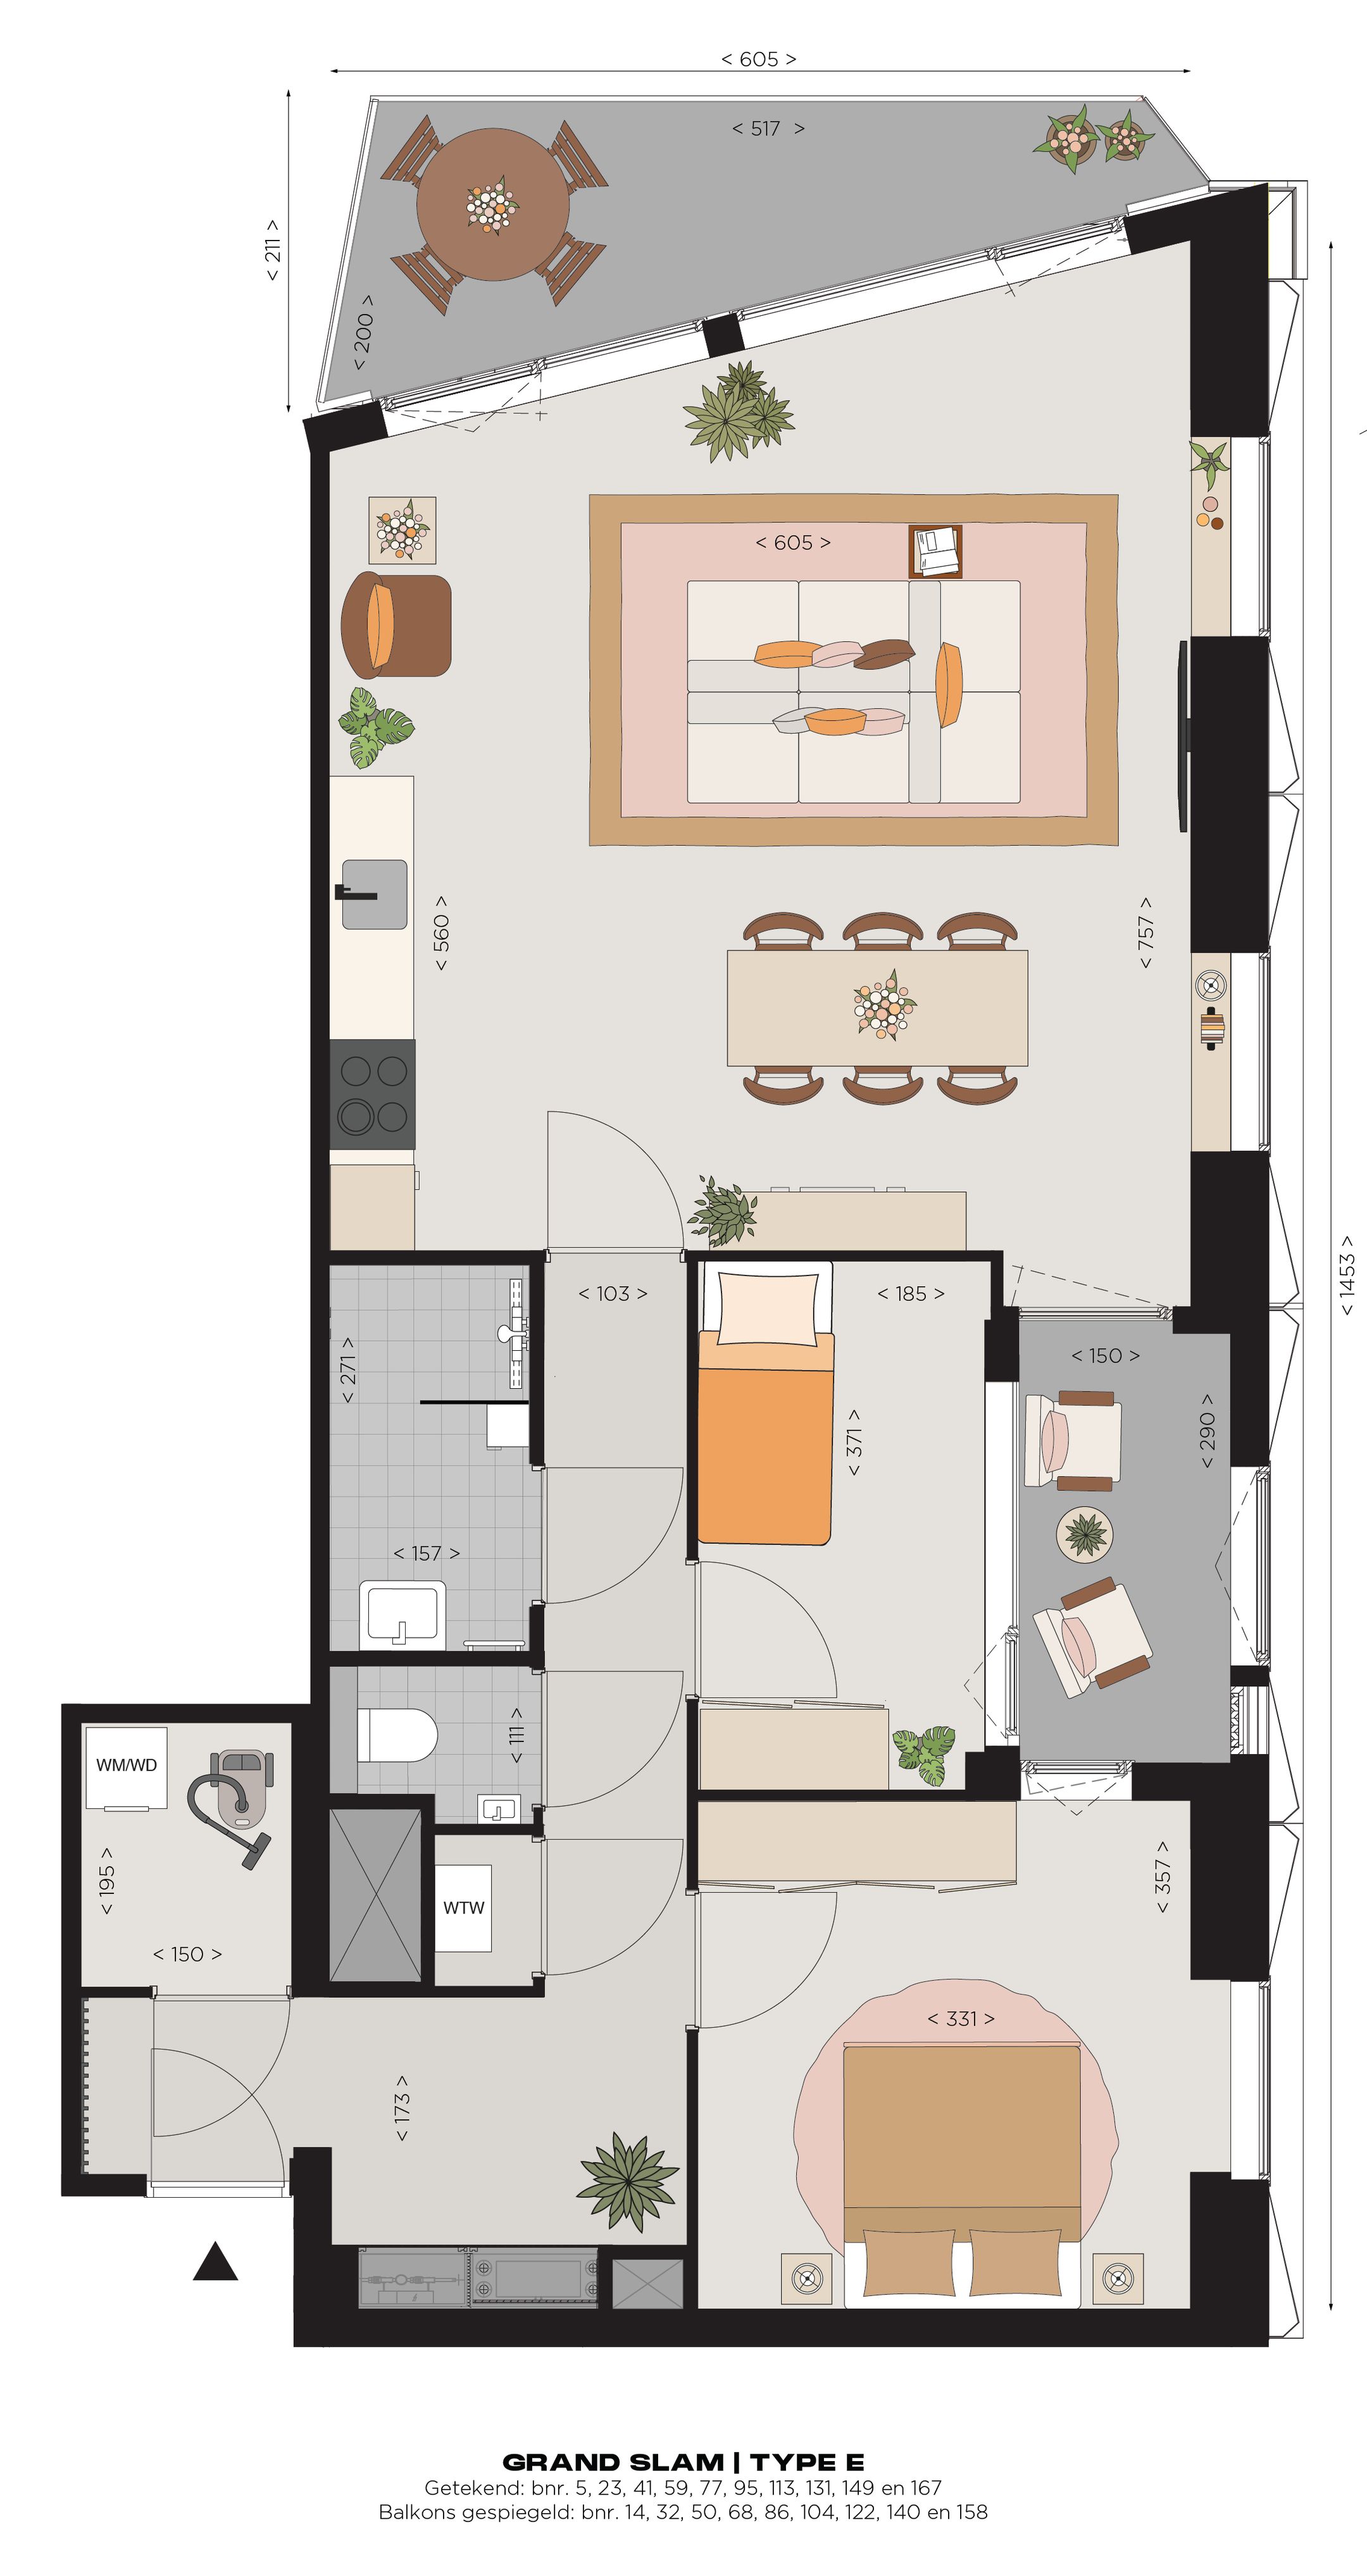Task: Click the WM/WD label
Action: tap(127, 1765)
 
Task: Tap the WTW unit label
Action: tap(464, 1907)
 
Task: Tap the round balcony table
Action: tap(492, 204)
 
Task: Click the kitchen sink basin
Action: tap(375, 893)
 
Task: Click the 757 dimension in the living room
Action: tap(1145, 932)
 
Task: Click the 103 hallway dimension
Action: tap(613, 1293)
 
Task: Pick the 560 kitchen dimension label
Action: tap(440, 932)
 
